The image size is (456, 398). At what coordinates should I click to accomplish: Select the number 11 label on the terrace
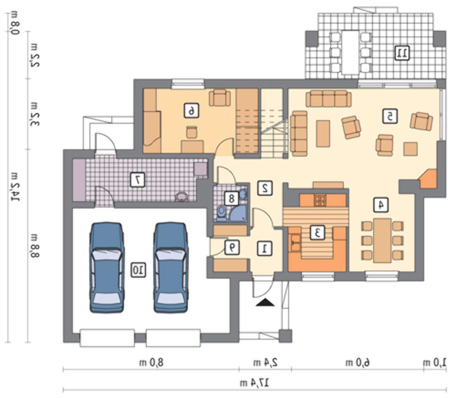(x=402, y=53)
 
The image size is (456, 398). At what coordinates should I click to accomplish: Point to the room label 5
(x=390, y=116)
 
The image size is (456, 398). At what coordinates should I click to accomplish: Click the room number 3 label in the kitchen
(x=317, y=232)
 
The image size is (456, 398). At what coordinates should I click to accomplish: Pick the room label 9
(x=232, y=248)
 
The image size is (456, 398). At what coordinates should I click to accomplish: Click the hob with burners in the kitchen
(x=320, y=200)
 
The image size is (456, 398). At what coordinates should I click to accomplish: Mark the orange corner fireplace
(x=428, y=179)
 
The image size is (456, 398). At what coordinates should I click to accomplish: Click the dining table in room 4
(x=382, y=240)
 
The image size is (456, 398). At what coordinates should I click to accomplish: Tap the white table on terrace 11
(x=350, y=52)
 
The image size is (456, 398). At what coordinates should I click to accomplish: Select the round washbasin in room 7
(x=182, y=197)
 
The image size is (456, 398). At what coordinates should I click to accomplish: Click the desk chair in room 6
(x=192, y=132)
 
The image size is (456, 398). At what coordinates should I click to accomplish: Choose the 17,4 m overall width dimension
(x=254, y=383)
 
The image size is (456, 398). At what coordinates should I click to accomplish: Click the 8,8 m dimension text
(x=34, y=246)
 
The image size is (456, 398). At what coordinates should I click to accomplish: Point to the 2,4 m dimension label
(x=265, y=362)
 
